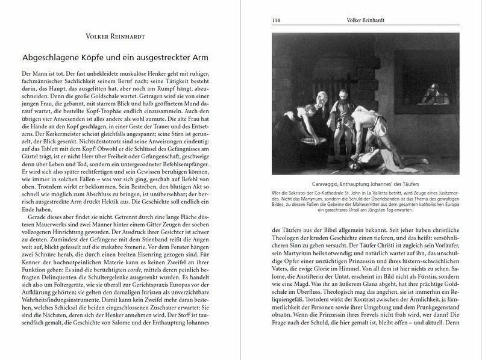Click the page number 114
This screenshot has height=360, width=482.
277,20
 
